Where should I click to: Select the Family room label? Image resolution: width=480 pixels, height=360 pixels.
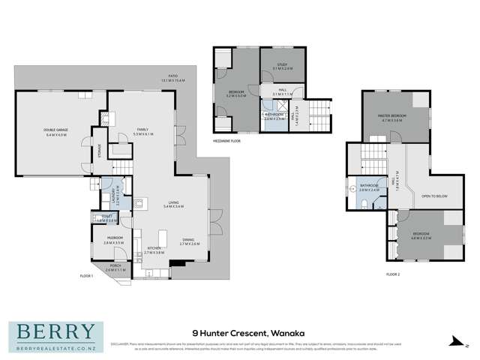(145, 130)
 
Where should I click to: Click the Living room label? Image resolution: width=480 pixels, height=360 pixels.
(174, 205)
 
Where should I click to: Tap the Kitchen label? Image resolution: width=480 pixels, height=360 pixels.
(155, 252)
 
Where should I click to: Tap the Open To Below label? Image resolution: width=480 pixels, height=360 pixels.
(436, 198)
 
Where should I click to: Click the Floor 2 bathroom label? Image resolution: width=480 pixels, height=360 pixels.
(369, 187)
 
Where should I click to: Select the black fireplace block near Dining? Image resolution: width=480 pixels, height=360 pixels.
(176, 262)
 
